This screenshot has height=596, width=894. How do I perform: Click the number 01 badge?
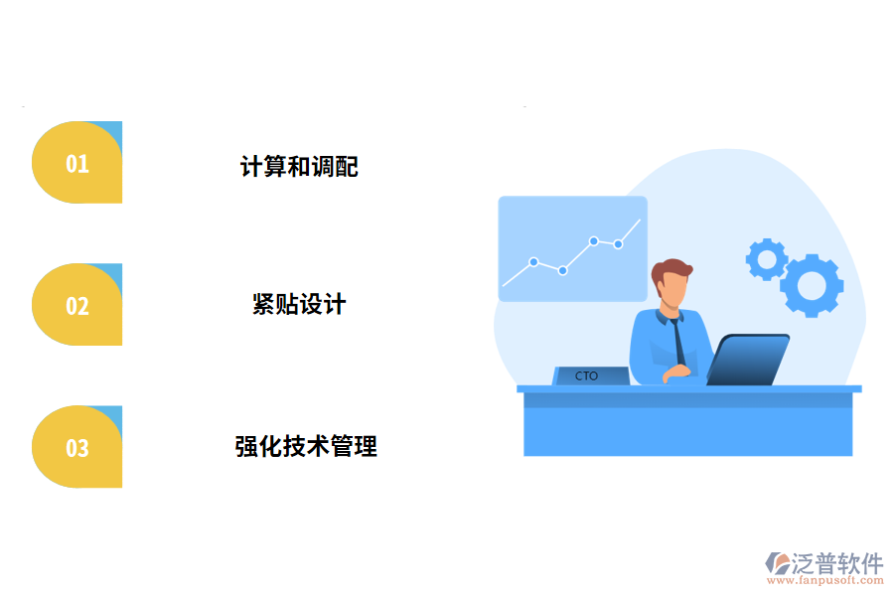click(x=77, y=163)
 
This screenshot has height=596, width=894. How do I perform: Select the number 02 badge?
click(x=77, y=305)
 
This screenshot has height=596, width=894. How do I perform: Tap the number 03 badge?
click(x=77, y=447)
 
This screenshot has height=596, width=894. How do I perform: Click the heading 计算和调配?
click(x=299, y=166)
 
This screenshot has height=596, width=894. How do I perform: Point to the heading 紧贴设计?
click(x=299, y=304)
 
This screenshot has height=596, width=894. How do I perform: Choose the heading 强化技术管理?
click(x=306, y=446)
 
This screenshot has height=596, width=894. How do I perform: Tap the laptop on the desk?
click(x=748, y=361)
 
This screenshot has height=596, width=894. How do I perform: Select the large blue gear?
click(x=812, y=285)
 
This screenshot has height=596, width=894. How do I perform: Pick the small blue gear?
click(x=766, y=258)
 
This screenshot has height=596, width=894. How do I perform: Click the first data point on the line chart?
click(x=533, y=262)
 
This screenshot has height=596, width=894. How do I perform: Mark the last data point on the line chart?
click(x=618, y=243)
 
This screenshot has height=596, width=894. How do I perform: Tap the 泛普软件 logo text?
click(x=837, y=563)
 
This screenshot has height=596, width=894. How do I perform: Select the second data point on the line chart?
click(x=562, y=270)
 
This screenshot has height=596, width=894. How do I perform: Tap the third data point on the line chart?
click(x=593, y=240)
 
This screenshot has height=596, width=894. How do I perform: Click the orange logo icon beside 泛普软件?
click(x=776, y=564)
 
